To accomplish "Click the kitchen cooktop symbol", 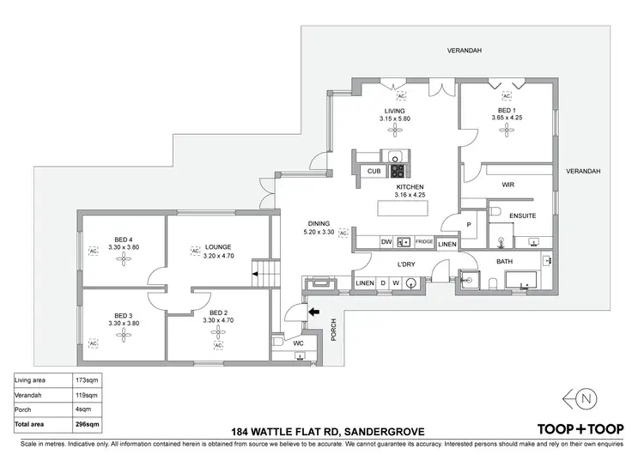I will click(x=398, y=170).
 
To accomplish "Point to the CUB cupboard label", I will click(x=374, y=171).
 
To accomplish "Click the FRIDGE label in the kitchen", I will click(x=424, y=243).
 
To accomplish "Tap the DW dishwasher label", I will click(x=387, y=243).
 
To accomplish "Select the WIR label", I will click(x=507, y=184).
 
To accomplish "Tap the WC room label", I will click(x=299, y=343).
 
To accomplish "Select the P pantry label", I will click(x=469, y=224).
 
